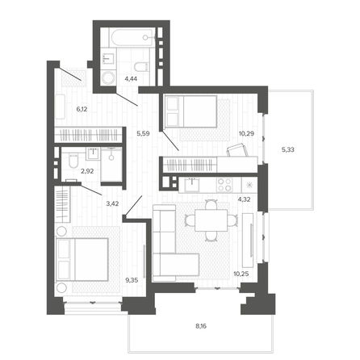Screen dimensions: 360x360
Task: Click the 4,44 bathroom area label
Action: [131, 79]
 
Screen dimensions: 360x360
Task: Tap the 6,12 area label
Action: [82, 109]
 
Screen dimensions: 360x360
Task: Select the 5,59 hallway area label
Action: [143, 133]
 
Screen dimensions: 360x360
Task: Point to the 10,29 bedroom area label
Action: [247, 133]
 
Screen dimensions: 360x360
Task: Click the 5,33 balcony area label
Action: [288, 149]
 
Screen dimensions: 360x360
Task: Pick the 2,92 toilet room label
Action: [87, 171]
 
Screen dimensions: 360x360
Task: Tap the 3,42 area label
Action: [112, 203]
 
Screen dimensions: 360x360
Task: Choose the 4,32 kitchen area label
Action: [245, 199]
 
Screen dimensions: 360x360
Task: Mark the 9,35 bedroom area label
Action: [132, 280]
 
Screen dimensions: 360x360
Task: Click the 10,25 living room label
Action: [241, 274]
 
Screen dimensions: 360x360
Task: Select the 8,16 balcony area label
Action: [201, 326]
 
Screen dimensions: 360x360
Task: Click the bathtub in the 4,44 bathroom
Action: [132, 38]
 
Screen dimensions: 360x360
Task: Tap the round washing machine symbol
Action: [109, 78]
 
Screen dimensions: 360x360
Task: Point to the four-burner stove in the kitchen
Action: [224, 185]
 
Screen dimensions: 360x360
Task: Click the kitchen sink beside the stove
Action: [192, 184]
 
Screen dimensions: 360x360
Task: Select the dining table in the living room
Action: [211, 220]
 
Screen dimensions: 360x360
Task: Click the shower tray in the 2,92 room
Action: [111, 164]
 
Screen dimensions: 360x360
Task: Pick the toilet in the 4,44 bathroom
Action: [141, 67]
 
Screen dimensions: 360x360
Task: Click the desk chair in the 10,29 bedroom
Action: [237, 150]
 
